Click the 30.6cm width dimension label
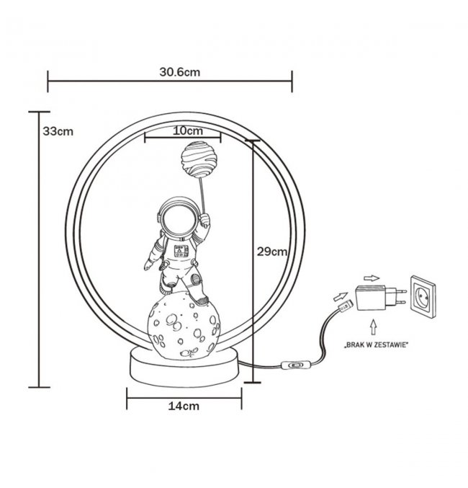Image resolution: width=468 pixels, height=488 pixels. pyautogui.click(x=180, y=72)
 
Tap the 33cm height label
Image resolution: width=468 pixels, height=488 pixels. pyautogui.click(x=58, y=131)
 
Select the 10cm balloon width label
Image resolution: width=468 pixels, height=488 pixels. pyautogui.click(x=188, y=130)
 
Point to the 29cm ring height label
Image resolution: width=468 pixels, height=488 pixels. pyautogui.click(x=271, y=252)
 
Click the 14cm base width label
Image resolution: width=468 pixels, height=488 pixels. pyautogui.click(x=184, y=406)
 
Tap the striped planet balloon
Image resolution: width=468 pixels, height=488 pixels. pyautogui.click(x=199, y=159)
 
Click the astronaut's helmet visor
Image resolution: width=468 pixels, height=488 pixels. pyautogui.click(x=179, y=222)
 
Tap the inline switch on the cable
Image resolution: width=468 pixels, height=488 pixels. pyautogui.click(x=296, y=365)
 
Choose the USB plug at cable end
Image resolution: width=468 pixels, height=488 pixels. pyautogui.click(x=345, y=306)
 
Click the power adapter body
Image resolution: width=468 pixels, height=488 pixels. pyautogui.click(x=371, y=298)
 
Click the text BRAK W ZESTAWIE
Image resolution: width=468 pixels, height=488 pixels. pyautogui.click(x=377, y=345)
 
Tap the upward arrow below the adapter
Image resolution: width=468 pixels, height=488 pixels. pyautogui.click(x=374, y=327)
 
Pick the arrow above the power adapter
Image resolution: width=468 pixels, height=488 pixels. pyautogui.click(x=372, y=278)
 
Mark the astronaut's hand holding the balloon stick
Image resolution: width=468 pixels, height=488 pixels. pyautogui.click(x=204, y=220)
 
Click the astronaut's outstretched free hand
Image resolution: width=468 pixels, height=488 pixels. pyautogui.click(x=148, y=265)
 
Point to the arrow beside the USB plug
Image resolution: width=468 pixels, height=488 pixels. pyautogui.click(x=341, y=296)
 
